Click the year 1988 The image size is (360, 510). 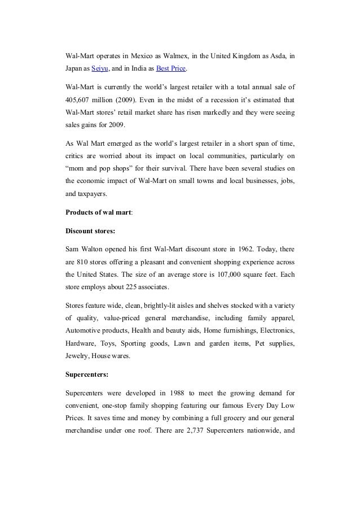tap(173, 392)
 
